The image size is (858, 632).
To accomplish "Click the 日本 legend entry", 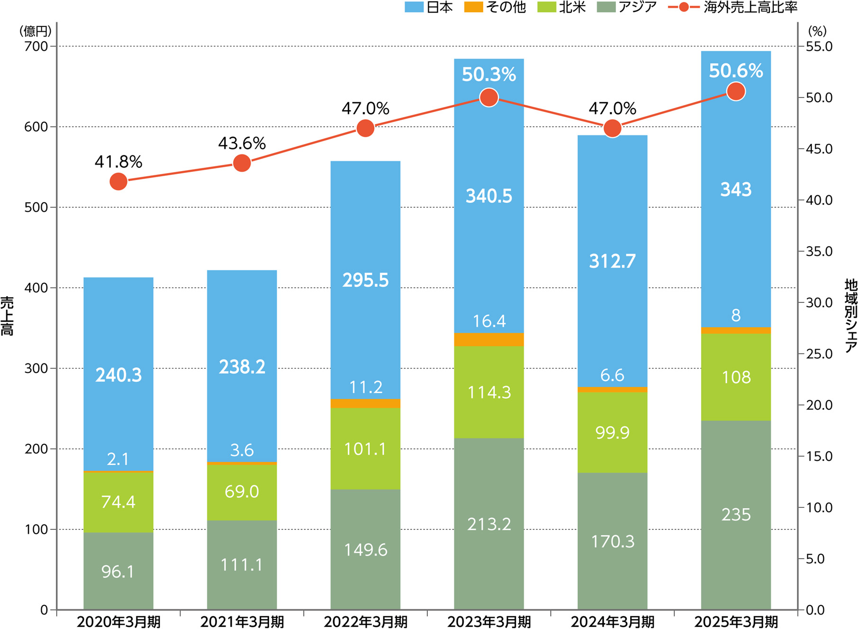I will (429, 7).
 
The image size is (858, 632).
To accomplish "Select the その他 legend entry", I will (495, 7).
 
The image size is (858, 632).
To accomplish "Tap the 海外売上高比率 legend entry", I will (732, 7).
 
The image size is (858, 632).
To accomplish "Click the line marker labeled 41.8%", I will (118, 181).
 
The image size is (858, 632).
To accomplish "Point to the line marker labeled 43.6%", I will (242, 163).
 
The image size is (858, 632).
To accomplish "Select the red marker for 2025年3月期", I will (736, 91).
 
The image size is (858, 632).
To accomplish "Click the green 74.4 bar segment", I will (118, 502).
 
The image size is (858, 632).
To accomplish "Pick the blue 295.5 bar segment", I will (365, 280).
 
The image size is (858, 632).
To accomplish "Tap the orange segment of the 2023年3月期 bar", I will (489, 340).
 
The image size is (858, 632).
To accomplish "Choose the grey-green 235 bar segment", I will (736, 515).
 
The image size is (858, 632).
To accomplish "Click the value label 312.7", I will (612, 261).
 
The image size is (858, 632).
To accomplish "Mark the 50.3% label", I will (489, 74).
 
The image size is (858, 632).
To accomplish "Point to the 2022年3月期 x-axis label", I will (365, 622).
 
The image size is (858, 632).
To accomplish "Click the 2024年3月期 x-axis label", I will (612, 622).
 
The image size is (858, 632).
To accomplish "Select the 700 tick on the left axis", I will (36, 46).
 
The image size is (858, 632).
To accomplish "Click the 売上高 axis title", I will (7, 316).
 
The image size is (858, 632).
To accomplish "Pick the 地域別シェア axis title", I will (850, 316).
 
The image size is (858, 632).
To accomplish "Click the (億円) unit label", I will (35, 31).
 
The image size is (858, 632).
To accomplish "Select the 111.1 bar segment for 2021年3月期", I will (242, 565).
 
